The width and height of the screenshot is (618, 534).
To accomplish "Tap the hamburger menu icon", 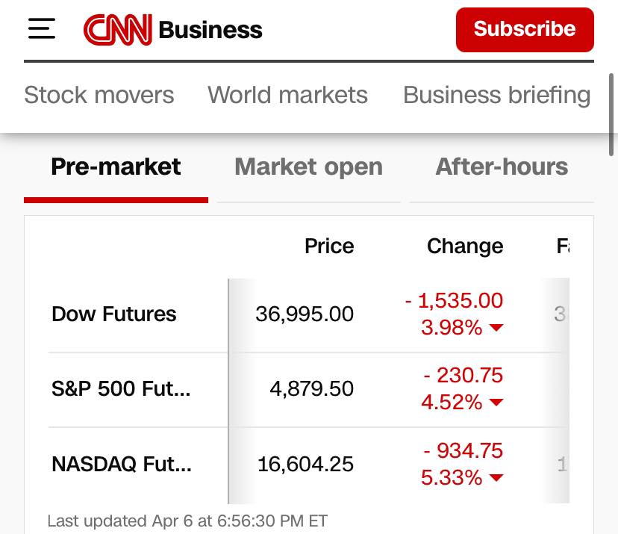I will pyautogui.click(x=42, y=29).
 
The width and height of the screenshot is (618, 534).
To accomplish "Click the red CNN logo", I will pyautogui.click(x=117, y=30).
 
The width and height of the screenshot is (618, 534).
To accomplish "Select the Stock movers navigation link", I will pyautogui.click(x=99, y=95).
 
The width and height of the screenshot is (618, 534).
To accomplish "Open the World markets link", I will pyautogui.click(x=287, y=95).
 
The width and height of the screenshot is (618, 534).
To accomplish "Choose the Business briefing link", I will pyautogui.click(x=496, y=95).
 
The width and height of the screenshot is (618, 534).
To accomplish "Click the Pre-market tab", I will pyautogui.click(x=116, y=167).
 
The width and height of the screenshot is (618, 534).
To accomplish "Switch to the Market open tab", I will pyautogui.click(x=308, y=167).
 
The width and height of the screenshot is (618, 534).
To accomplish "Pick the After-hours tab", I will pyautogui.click(x=502, y=167).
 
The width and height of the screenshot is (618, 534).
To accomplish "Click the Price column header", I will pyautogui.click(x=329, y=246).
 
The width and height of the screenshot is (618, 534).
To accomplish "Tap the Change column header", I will pyautogui.click(x=465, y=246).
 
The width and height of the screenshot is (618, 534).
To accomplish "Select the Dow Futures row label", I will pyautogui.click(x=114, y=314).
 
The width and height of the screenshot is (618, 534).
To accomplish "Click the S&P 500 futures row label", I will pyautogui.click(x=121, y=389).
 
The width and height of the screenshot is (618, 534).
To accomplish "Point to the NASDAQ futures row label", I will pyautogui.click(x=122, y=465).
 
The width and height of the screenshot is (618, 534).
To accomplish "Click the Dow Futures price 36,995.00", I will pyautogui.click(x=305, y=314).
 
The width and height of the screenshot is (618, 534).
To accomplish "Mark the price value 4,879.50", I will pyautogui.click(x=311, y=389).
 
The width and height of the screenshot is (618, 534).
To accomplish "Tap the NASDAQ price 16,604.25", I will pyautogui.click(x=305, y=465).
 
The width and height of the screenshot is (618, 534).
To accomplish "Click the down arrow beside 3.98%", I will pyautogui.click(x=496, y=328).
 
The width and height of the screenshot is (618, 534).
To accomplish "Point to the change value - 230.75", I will pyautogui.click(x=463, y=375).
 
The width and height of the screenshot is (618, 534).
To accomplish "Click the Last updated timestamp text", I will pyautogui.click(x=187, y=521).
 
